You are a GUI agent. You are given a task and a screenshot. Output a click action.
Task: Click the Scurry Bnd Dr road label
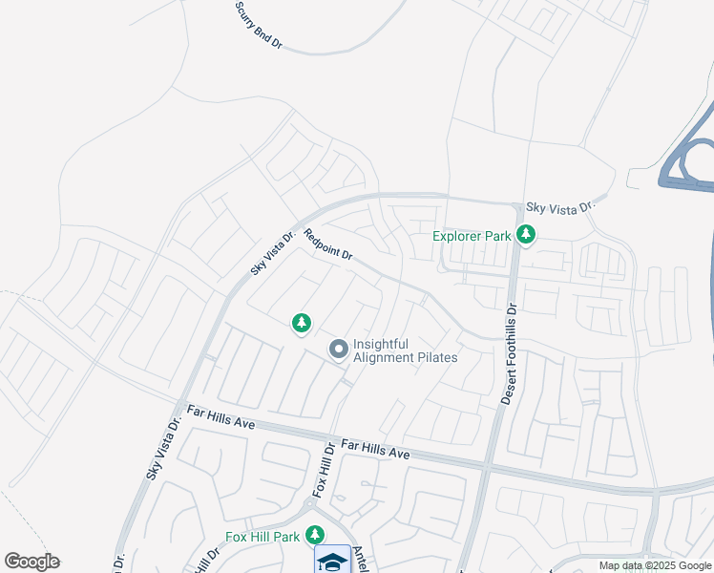(259, 25)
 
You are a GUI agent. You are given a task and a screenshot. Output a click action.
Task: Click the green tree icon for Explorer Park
(524, 234)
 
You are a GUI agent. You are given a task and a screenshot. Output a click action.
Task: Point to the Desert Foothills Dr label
(509, 354)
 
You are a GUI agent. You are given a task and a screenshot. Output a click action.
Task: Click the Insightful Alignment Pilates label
(405, 350)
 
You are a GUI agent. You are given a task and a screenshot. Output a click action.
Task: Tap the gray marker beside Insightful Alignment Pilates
(338, 350)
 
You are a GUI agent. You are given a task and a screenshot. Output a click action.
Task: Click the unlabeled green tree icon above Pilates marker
(302, 324)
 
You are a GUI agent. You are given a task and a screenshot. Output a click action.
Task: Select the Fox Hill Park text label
(262, 537)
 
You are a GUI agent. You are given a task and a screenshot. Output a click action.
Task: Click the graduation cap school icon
(332, 562)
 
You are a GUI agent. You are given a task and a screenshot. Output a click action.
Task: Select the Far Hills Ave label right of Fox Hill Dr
(375, 448)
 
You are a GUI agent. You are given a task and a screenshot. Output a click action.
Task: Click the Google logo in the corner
(32, 562)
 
